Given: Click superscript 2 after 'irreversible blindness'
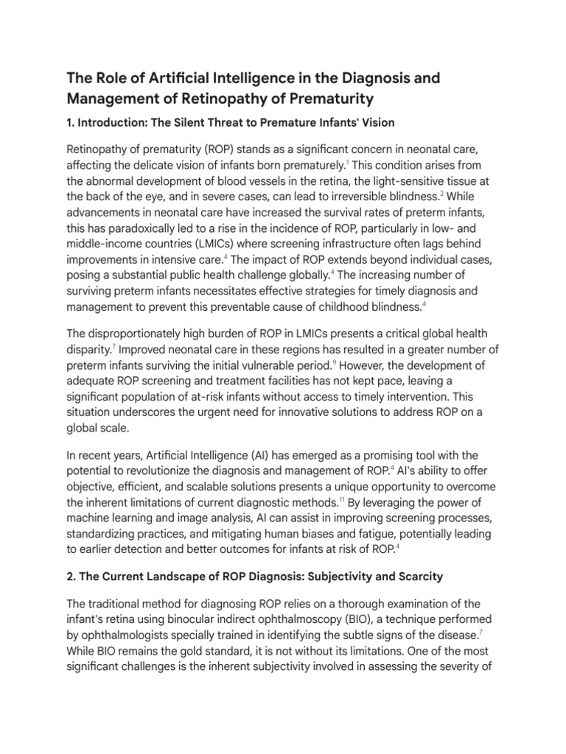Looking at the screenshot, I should click(x=442, y=194).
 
